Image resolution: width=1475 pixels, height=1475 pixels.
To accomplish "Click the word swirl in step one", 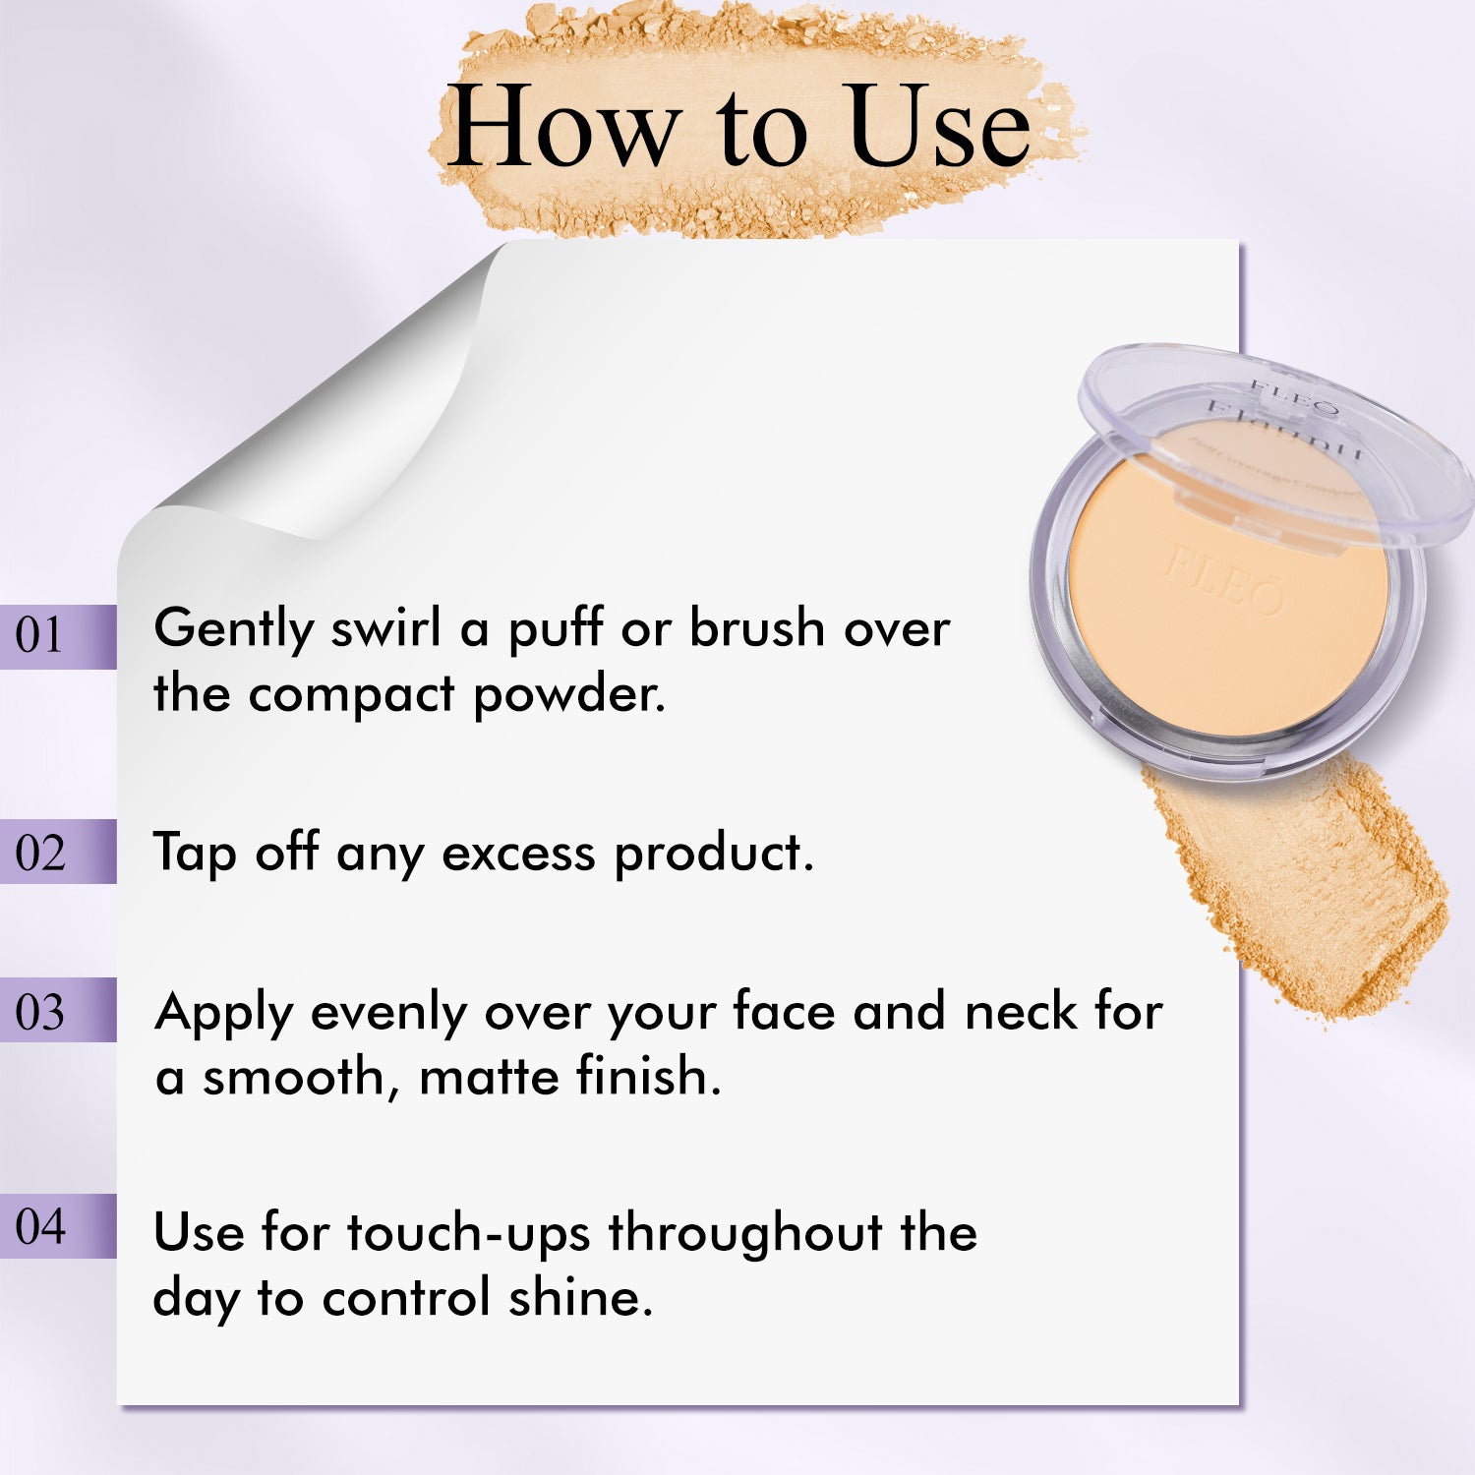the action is (x=385, y=628).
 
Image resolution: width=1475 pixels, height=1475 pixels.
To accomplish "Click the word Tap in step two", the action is (x=195, y=854).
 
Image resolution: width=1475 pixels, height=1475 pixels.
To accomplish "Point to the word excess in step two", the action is (x=518, y=854).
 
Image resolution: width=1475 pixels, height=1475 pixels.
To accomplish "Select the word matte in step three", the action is (x=488, y=1076).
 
